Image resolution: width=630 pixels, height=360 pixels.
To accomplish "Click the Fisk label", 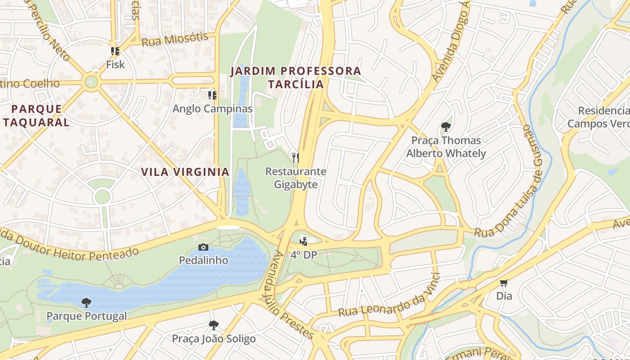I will point(115,65).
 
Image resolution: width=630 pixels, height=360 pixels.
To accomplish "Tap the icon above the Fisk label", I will point(115,51).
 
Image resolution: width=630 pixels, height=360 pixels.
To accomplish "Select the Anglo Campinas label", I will point(212,109).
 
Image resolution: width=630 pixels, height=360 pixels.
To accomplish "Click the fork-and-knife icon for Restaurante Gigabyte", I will point(296,157).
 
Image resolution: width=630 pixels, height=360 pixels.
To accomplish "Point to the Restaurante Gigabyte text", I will point(296,178).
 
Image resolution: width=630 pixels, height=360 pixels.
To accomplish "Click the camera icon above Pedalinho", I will point(203,247).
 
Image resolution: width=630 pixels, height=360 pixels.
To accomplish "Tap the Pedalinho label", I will point(203,261).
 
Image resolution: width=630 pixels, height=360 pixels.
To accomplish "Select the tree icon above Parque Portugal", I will point(86,302).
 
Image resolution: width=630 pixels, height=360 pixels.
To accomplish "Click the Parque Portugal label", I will point(87,316).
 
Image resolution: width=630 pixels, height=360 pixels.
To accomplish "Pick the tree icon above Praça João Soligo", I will point(214,325).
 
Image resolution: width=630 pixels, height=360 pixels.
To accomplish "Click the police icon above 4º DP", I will point(304,241).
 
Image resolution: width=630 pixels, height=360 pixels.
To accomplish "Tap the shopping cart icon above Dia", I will point(504,283).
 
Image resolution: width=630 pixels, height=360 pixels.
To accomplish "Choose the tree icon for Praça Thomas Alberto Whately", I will point(446,127).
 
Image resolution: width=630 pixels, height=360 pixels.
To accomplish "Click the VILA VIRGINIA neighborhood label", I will point(185,172).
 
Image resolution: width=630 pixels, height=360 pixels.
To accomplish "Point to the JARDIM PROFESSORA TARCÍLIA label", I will point(296,77).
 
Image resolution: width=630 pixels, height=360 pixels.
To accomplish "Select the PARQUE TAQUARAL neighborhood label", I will point(36,115).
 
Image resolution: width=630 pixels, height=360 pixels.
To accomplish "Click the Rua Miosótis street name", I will point(175,39).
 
